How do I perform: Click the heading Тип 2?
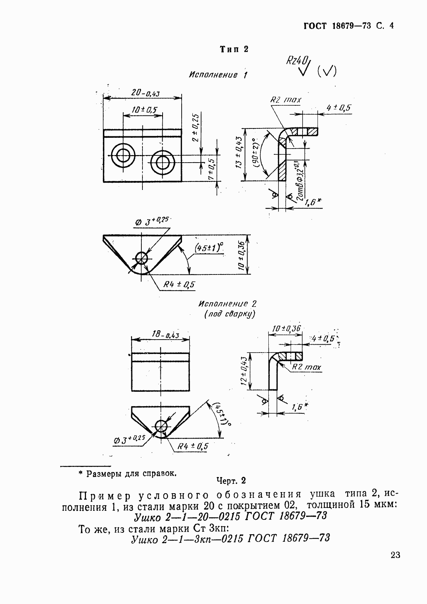[x=234, y=49]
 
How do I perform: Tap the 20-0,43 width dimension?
[x=145, y=92]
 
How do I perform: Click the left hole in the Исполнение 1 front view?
[x=123, y=156]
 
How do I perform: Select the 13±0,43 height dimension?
[x=240, y=155]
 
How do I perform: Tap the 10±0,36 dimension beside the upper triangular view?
[x=242, y=255]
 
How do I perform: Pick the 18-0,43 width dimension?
[x=160, y=335]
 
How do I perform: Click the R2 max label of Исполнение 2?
[x=306, y=367]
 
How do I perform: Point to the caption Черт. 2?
[x=231, y=481]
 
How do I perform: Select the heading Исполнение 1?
[x=218, y=75]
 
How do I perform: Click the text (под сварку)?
[x=230, y=314]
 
